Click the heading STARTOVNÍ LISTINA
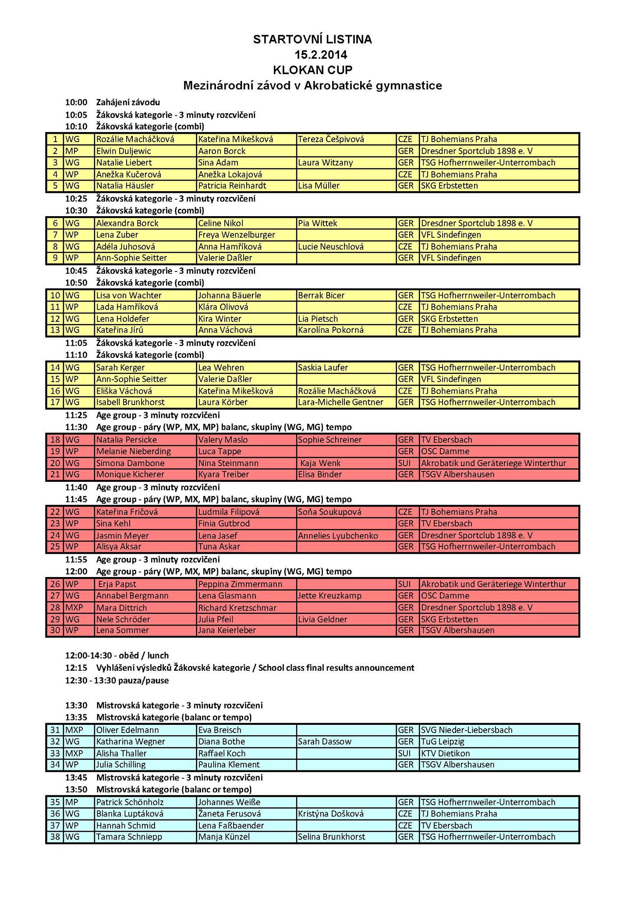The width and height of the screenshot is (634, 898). point(312,39)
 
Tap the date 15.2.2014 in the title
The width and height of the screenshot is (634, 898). point(321,55)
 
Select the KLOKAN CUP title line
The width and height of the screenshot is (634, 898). point(312,70)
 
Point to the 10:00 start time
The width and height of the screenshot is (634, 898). point(76,103)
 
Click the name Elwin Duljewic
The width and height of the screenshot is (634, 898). point(124,151)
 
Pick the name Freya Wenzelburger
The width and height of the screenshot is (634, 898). point(237,235)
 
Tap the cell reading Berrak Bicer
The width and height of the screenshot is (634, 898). point(321,296)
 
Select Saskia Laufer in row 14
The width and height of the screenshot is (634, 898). point(323,368)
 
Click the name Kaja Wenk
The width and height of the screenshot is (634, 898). point(321,463)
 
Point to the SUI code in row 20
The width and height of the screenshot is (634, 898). point(404,463)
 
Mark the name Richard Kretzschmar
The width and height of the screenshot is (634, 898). point(237,608)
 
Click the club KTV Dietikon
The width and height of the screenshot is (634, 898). point(445,754)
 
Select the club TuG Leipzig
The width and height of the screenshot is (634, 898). point(443,742)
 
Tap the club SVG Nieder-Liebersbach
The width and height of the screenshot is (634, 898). point(467,730)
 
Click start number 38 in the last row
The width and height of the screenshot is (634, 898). point(55,837)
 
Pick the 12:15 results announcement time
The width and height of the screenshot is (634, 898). point(76,668)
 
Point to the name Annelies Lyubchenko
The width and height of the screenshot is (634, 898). point(338,536)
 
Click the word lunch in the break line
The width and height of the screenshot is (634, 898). point(158,656)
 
